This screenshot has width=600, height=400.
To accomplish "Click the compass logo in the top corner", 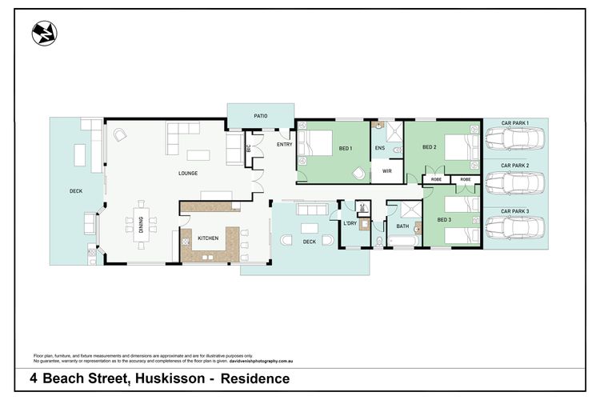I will click(44, 33).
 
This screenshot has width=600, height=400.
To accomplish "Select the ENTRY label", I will click(284, 144).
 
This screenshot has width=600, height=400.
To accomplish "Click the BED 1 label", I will click(346, 149).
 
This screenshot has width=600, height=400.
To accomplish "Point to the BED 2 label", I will click(430, 147).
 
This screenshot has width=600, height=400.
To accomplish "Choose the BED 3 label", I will click(444, 218).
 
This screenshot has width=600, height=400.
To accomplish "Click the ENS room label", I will click(381, 148).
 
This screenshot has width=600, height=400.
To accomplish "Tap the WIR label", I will click(387, 171).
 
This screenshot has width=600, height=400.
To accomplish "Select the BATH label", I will click(402, 226).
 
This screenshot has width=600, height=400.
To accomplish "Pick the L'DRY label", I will click(350, 222).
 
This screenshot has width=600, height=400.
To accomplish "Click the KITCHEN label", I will click(208, 238).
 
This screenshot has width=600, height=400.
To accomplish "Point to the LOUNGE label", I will click(188, 173).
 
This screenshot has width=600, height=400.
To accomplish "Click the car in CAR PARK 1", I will click(515, 140).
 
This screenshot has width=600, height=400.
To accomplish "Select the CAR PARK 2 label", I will click(515, 166).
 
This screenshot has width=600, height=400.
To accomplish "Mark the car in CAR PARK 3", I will click(515, 229).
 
